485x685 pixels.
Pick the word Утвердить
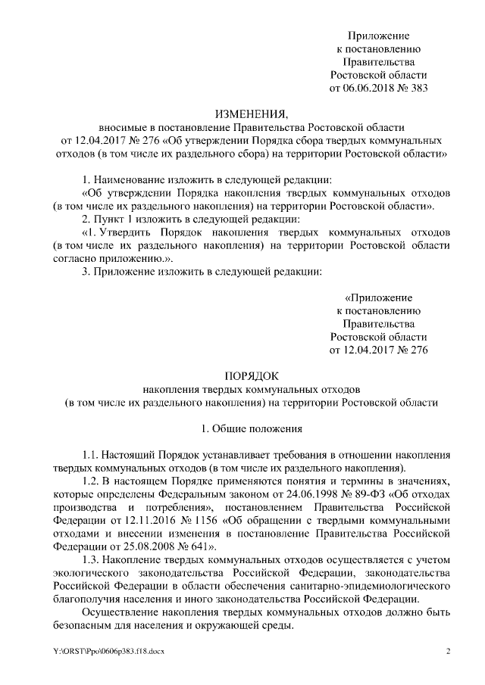click(x=129, y=232)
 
